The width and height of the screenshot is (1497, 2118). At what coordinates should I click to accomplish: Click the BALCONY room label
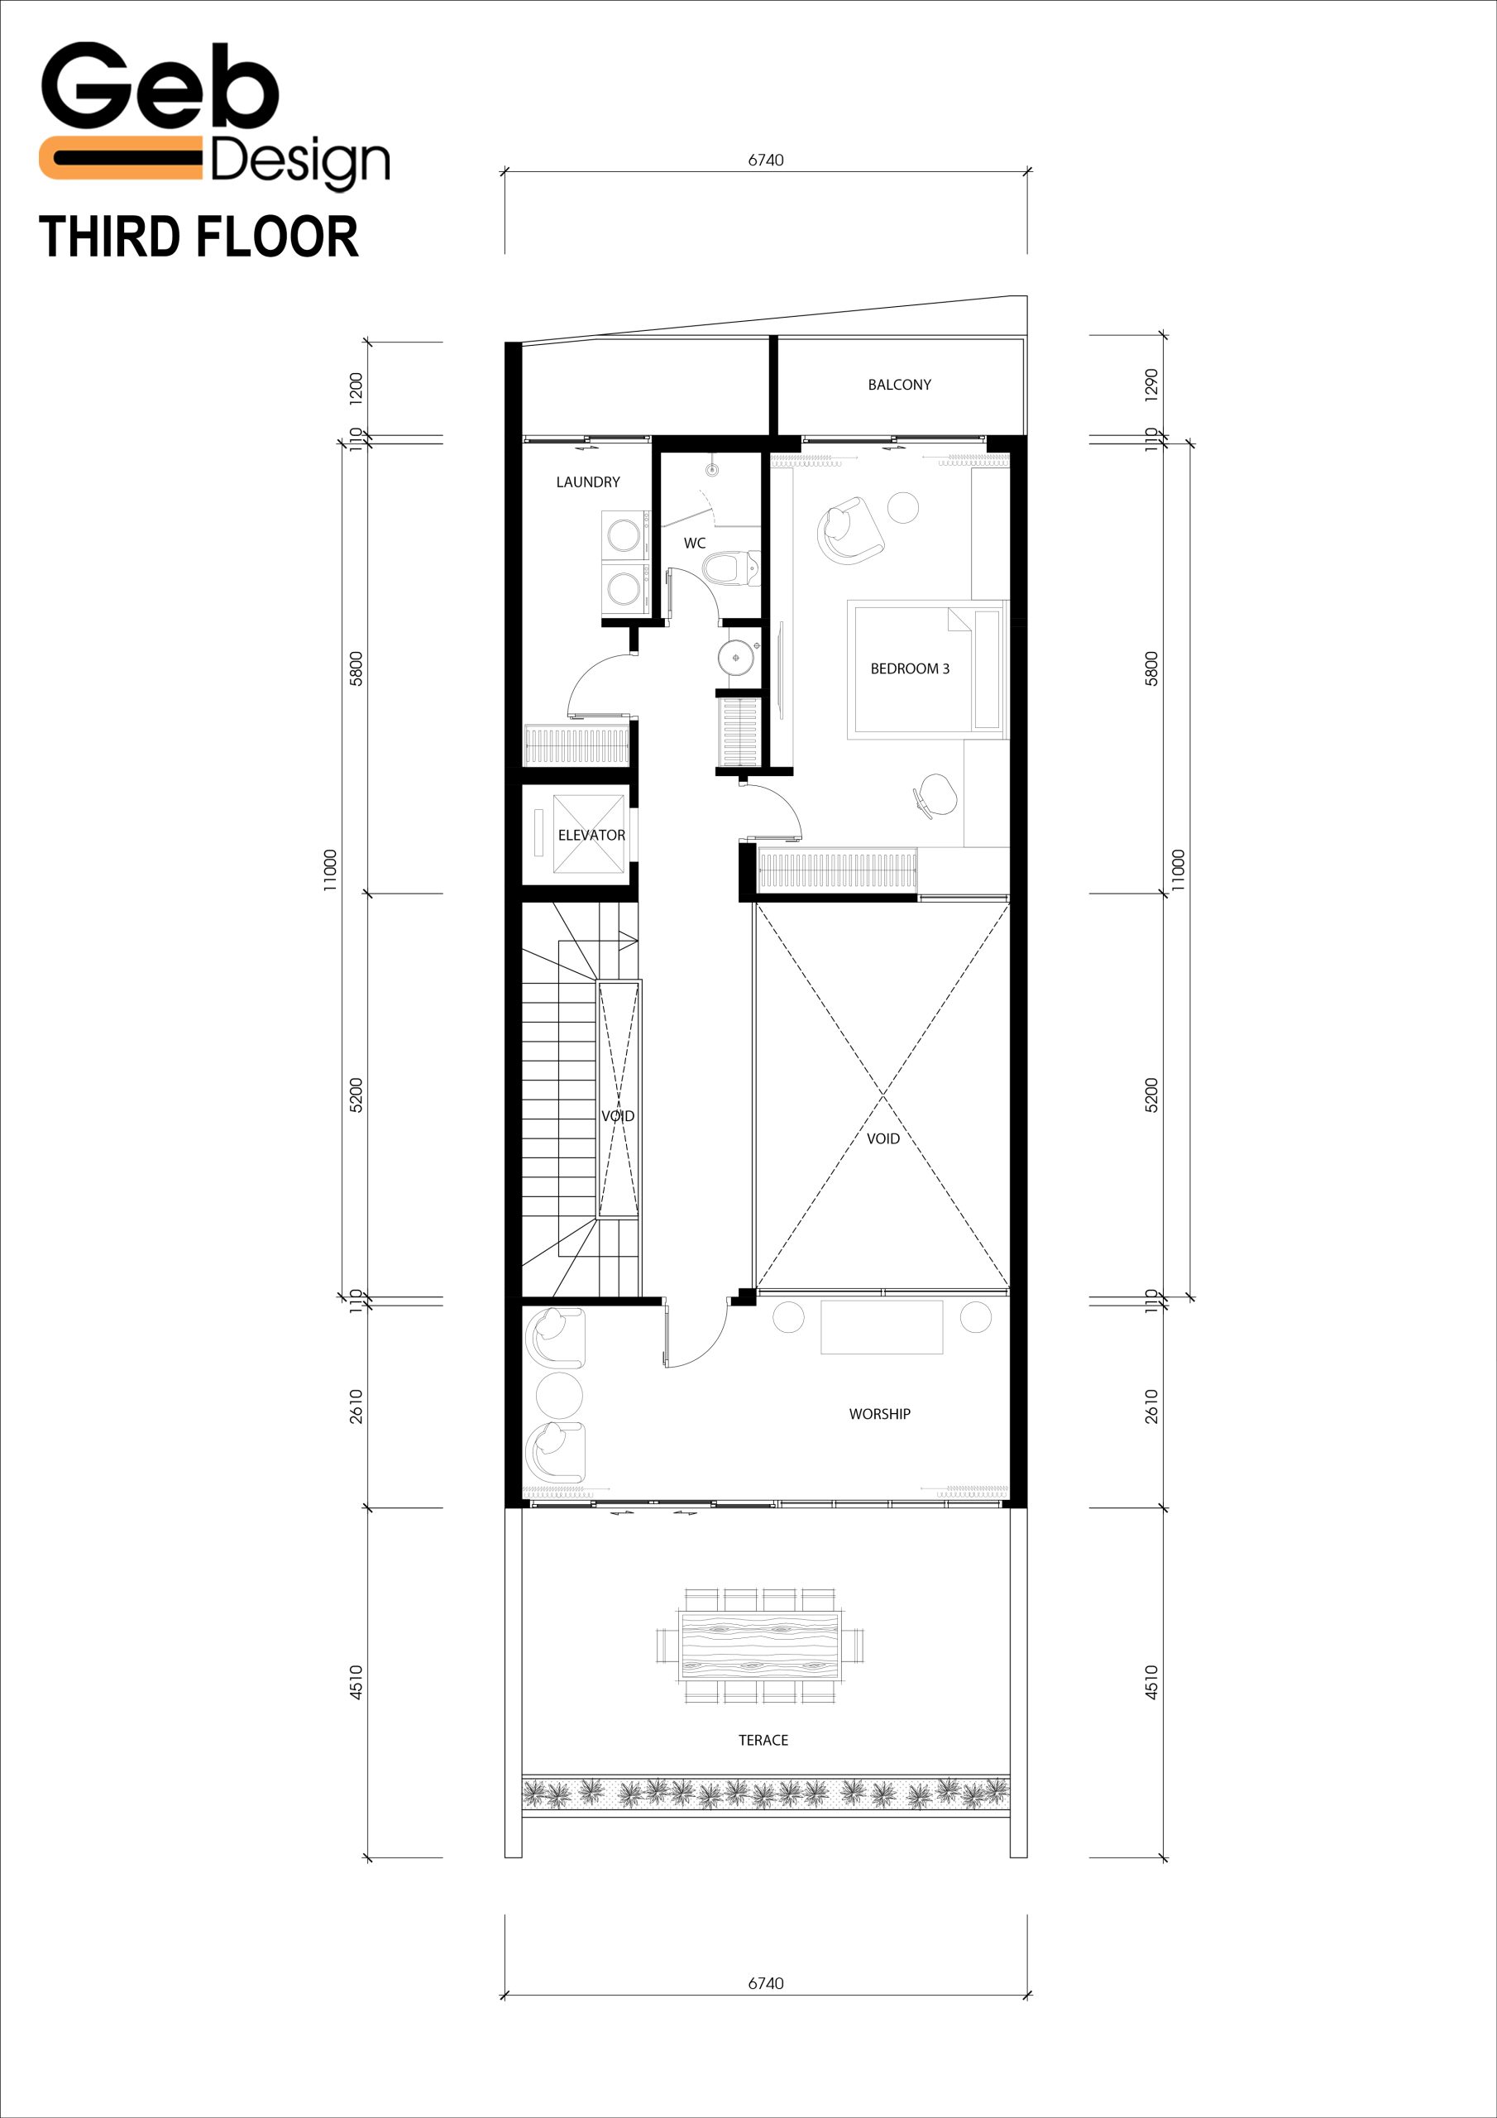[899, 385]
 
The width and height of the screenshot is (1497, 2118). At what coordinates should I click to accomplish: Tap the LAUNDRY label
[587, 482]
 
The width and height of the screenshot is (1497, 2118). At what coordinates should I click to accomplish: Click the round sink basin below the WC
[736, 658]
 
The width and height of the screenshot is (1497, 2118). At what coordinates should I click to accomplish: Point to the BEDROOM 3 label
[910, 668]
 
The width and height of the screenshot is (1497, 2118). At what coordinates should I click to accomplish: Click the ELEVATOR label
[591, 835]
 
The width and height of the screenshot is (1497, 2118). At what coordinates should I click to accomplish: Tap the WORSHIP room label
[880, 1414]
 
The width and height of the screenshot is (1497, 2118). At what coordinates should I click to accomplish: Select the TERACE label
[763, 1741]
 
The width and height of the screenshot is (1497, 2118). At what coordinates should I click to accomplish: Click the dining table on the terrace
[761, 1646]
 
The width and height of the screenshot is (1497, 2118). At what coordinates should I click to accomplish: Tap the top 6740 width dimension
[766, 160]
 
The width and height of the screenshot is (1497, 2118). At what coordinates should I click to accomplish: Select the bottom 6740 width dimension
[766, 1983]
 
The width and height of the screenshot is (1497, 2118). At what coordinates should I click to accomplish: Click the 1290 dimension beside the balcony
[1151, 385]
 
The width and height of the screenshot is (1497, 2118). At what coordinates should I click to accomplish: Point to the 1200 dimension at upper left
[356, 386]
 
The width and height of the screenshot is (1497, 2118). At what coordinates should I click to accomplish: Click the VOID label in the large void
[882, 1138]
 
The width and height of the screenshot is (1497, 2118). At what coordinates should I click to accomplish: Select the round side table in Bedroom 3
[903, 507]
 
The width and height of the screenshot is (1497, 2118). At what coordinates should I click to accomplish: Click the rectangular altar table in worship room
[882, 1326]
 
